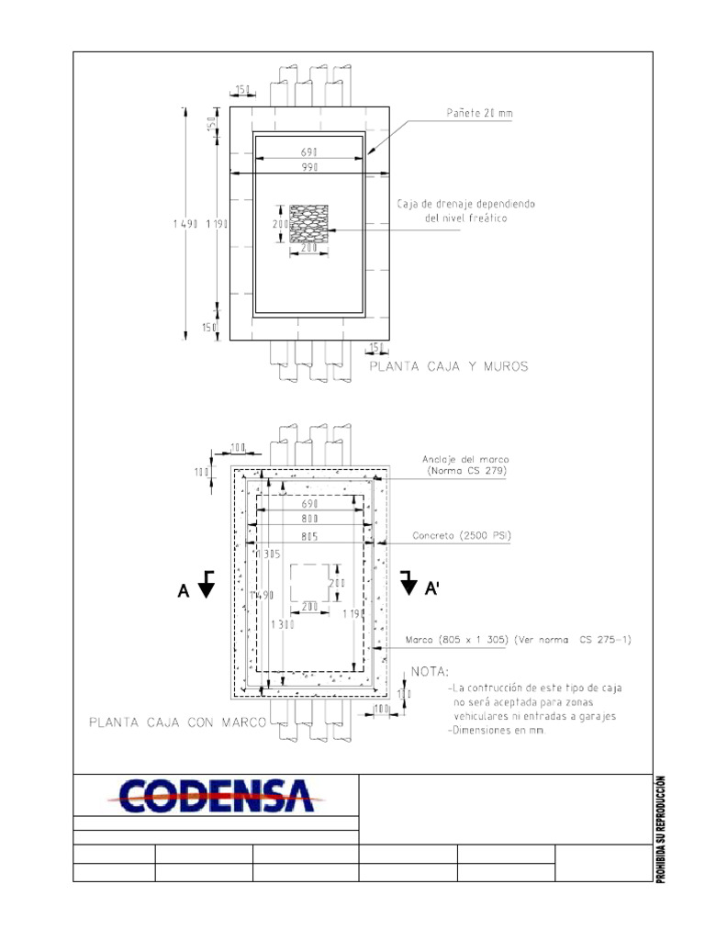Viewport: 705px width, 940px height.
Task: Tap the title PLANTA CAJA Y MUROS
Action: pos(449,365)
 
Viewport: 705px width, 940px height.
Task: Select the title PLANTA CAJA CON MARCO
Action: pos(177,722)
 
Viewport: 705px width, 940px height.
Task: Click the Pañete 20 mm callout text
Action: pos(480,114)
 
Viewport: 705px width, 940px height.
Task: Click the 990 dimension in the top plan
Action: pos(308,169)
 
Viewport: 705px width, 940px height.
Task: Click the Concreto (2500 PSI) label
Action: pos(462,535)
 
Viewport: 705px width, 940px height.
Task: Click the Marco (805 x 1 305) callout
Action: pos(519,639)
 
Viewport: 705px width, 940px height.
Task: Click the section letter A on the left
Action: pos(184,593)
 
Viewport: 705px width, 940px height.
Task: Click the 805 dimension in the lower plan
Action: pos(308,536)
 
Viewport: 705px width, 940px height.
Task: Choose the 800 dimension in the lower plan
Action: pos(308,519)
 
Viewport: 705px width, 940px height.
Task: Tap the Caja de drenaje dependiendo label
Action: pos(465,204)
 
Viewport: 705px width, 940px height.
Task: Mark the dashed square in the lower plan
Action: pos(309,582)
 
